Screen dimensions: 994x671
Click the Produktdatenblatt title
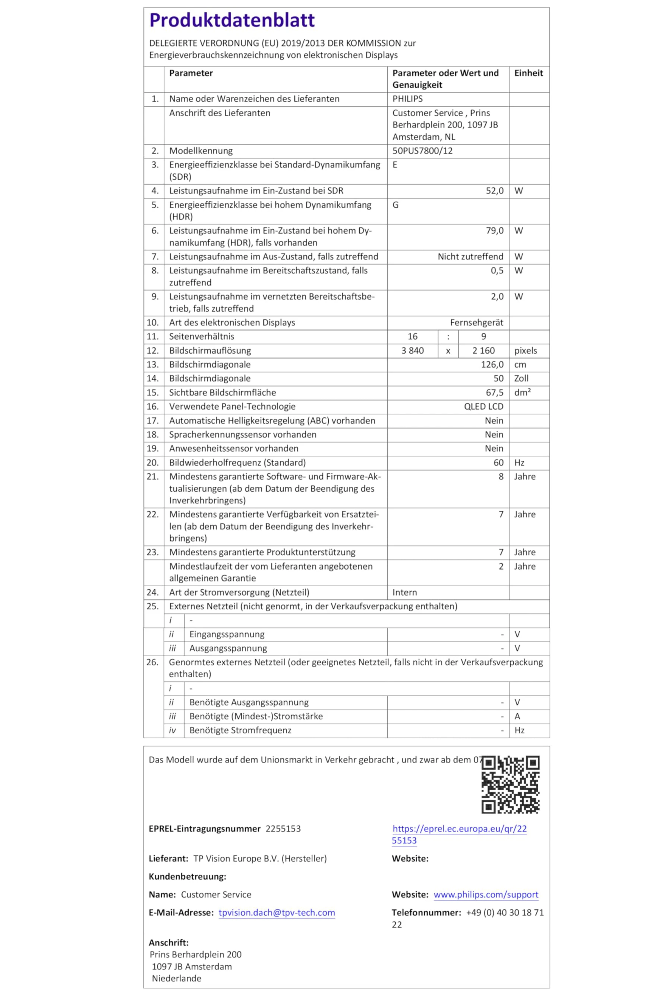click(232, 20)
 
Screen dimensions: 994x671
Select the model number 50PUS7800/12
click(422, 151)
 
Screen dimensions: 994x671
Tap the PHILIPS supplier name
click(407, 99)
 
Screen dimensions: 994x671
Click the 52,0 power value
click(494, 191)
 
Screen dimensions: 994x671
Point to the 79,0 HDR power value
click(494, 231)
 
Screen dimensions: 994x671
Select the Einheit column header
click(528, 73)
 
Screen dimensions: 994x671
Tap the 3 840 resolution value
click(412, 351)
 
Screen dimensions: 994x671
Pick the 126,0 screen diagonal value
click(492, 365)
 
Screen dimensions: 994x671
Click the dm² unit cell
click(522, 392)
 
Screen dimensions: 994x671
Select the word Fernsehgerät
click(476, 322)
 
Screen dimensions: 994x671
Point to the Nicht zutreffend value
click(470, 257)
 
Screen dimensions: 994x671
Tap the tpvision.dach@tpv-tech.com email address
click(277, 913)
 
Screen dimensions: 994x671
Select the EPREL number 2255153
click(283, 829)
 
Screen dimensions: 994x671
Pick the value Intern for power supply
click(404, 592)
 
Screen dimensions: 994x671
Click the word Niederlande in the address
click(176, 978)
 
